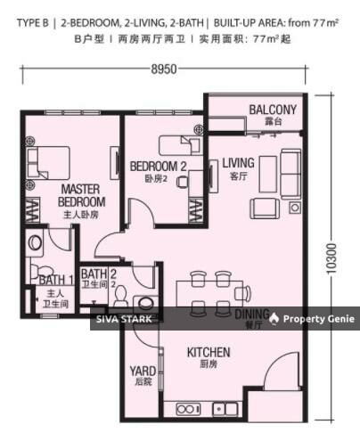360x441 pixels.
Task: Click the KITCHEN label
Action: (209, 353)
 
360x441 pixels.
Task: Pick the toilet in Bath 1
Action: (36, 241)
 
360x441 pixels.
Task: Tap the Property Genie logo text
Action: (318, 318)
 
